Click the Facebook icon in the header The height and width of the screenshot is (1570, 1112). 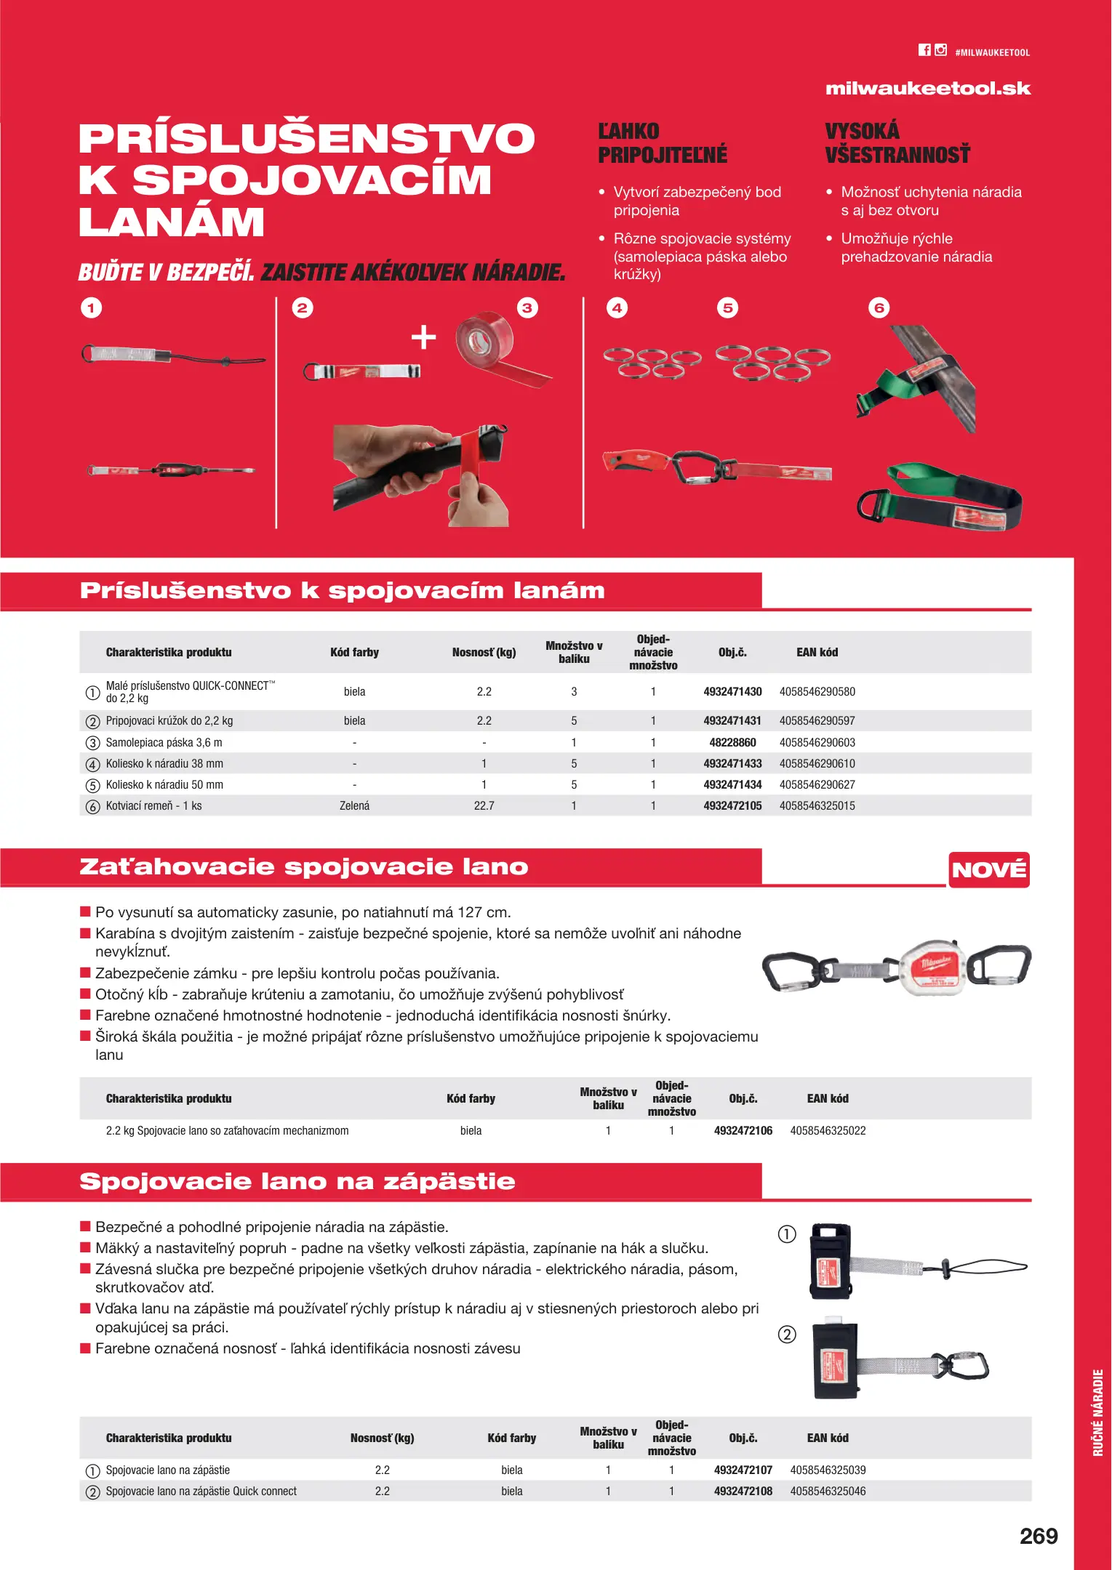(924, 50)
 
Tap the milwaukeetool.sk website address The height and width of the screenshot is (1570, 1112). (927, 89)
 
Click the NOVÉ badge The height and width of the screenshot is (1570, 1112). (988, 869)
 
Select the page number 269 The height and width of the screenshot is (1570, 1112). (1038, 1536)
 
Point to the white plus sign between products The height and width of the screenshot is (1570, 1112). (423, 337)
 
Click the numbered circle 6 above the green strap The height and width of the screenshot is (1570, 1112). (879, 308)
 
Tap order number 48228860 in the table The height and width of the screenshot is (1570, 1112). (732, 742)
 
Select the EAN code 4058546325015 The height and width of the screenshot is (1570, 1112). (817, 805)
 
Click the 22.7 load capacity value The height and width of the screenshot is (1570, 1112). (484, 805)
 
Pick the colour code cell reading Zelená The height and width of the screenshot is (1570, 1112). (354, 805)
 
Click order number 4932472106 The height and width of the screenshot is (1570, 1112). (743, 1130)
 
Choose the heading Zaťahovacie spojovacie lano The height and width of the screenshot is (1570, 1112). (303, 866)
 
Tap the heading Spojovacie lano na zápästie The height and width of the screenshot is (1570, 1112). (297, 1181)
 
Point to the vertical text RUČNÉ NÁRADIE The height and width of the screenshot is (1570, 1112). (1097, 1412)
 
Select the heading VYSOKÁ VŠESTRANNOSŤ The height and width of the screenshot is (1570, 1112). (897, 142)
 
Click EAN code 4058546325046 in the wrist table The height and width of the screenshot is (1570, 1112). (827, 1491)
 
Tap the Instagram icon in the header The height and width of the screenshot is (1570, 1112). (941, 50)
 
